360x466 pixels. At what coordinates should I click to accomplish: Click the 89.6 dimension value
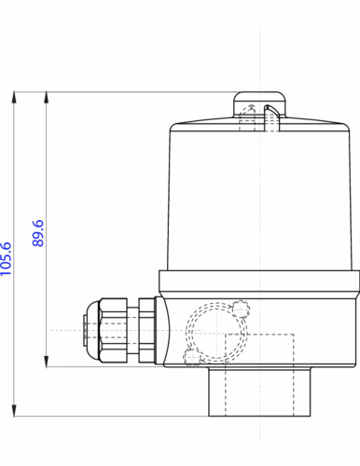tap(38, 232)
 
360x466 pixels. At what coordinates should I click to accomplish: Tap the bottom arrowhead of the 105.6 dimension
tap(15, 411)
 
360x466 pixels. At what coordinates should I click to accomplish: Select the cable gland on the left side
tap(117, 331)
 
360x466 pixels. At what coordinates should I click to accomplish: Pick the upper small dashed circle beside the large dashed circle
tap(242, 308)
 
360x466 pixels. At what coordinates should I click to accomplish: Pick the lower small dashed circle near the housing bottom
tap(191, 357)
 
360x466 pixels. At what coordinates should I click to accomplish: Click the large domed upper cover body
tap(261, 196)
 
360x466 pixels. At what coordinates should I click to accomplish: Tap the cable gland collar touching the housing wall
tap(146, 331)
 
